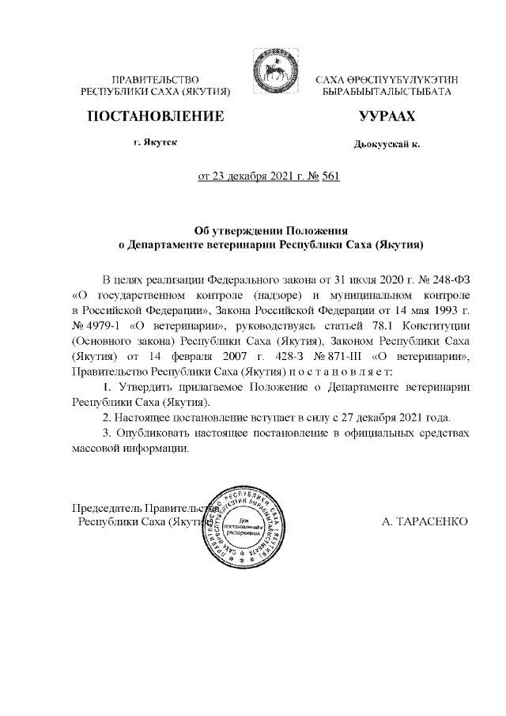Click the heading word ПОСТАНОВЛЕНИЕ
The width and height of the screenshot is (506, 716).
155,118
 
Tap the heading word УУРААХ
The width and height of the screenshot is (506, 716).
387,118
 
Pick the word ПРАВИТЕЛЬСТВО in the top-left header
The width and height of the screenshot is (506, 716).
155,80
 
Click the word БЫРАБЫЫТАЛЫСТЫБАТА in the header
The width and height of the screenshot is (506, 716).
387,93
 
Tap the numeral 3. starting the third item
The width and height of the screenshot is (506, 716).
109,433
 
